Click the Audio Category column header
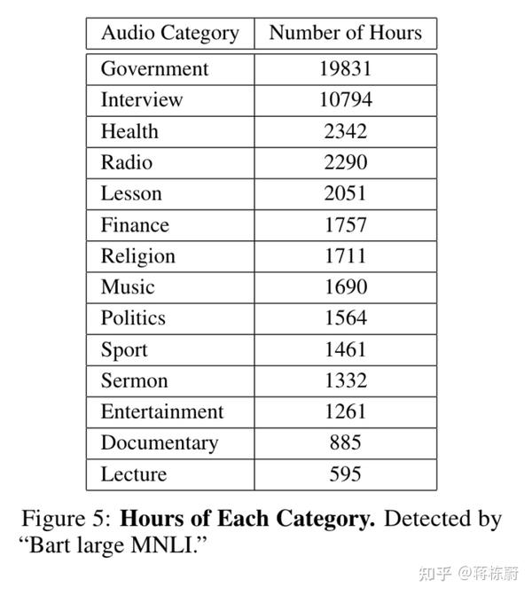point(169,34)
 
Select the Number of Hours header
point(346,34)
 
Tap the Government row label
point(154,69)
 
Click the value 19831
point(346,69)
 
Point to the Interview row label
point(142,100)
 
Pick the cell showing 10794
point(346,100)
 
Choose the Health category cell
point(129,131)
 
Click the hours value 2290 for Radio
point(346,162)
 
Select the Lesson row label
point(130,193)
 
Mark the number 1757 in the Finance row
point(346,225)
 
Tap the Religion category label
point(137,256)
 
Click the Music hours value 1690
point(346,287)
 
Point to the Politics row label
point(133,318)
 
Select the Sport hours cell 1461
point(346,349)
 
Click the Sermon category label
point(134,380)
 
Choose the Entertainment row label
point(162,412)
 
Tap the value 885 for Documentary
point(346,443)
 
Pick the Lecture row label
point(133,474)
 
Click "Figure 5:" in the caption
point(66,519)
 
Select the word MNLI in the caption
point(170,544)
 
